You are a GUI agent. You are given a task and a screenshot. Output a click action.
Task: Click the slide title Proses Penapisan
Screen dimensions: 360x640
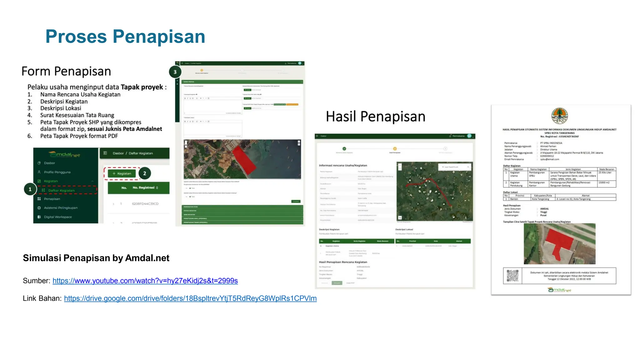125,37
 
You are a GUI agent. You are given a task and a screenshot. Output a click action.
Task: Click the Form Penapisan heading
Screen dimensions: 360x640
66,71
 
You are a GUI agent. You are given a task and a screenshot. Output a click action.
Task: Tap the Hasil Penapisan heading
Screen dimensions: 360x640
375,117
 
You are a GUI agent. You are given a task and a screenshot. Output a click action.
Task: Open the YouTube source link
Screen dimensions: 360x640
145,281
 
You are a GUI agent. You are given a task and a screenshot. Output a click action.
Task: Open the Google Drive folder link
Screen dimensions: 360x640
190,298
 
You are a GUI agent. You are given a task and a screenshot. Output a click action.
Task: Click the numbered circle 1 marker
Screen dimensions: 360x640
30,189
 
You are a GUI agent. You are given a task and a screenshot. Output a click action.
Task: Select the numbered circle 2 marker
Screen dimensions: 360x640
144,173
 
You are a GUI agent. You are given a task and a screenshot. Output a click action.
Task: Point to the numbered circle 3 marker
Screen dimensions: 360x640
175,72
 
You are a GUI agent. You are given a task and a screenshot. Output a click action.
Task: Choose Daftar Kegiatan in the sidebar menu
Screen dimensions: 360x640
61,190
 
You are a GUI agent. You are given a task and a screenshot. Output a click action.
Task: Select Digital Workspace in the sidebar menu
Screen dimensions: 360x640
58,217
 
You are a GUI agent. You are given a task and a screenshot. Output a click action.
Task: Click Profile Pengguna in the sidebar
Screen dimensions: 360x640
57,172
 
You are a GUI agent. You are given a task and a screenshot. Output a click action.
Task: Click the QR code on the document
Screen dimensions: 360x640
512,276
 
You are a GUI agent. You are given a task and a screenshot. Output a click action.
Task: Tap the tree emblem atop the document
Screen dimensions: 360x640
559,116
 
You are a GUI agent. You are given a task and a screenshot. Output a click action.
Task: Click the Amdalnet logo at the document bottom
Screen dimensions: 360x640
559,290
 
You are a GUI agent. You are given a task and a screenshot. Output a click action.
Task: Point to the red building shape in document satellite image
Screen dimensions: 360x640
559,244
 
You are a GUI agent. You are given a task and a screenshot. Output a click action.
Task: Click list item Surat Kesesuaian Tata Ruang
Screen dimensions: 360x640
77,115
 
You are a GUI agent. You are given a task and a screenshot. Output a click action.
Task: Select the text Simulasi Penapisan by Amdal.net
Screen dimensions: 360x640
96,258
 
